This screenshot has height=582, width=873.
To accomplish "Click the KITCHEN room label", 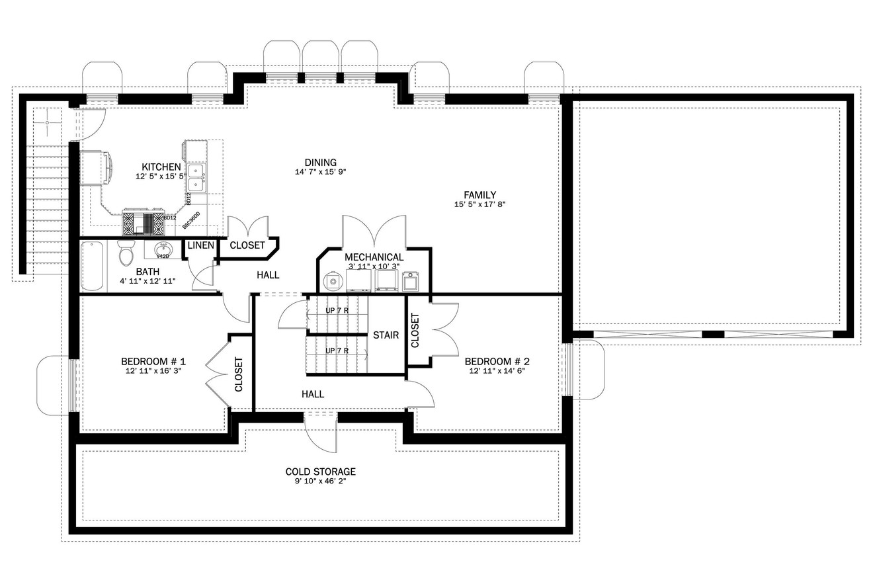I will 161,167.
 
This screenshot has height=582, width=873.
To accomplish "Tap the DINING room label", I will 321,162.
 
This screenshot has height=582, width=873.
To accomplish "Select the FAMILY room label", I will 479,194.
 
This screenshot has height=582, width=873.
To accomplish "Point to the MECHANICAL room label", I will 374,257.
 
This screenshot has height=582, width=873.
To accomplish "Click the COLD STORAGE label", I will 321,472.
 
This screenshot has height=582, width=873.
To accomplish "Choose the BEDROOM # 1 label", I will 153,361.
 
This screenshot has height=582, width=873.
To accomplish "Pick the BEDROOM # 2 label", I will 497,361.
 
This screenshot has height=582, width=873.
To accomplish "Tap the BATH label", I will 147,271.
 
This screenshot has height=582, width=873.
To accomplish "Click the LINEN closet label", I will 200,245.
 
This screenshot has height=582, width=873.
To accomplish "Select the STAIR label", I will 386,335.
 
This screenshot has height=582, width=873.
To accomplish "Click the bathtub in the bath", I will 93,266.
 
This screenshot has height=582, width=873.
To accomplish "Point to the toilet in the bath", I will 126,253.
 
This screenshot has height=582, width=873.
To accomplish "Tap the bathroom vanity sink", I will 163,249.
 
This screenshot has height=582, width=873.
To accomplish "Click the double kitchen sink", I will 196,177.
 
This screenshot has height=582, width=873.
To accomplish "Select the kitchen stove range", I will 143,223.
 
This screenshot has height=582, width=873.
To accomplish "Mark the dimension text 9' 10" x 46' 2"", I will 321,481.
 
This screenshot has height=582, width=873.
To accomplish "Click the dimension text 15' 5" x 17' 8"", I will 479,204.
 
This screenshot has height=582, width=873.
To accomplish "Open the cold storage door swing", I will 321,433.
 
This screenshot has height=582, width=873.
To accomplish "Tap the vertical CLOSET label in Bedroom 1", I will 239,374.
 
